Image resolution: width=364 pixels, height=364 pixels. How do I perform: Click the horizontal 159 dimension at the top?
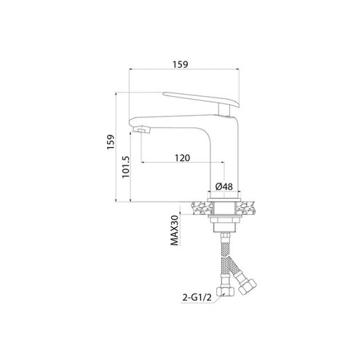181,65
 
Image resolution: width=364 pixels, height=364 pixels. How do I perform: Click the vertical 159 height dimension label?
111,142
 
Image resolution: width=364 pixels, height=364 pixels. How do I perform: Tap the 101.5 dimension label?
127,167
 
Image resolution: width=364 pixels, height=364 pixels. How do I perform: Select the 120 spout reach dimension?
183,158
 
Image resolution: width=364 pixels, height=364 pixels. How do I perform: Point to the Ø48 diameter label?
224,186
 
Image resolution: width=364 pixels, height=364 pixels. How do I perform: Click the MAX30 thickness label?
175,231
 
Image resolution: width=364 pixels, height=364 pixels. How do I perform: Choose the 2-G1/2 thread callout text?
197,298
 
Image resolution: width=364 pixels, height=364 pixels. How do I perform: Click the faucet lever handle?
201,100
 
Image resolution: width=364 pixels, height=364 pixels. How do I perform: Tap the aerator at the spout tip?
141,130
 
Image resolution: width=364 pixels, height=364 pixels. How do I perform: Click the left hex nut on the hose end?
225,290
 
